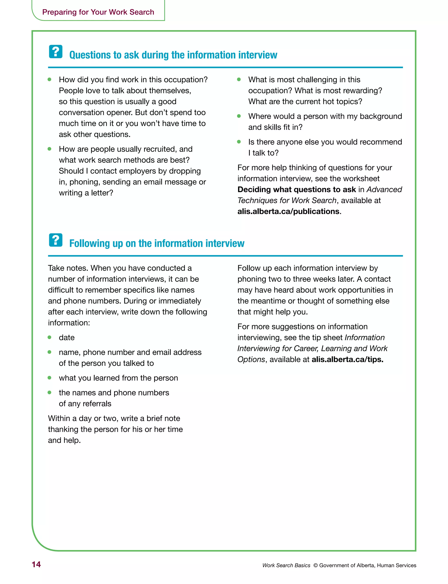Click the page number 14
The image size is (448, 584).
[36, 564]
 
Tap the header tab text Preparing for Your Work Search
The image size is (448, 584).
[98, 12]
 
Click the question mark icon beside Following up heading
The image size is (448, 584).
[56, 240]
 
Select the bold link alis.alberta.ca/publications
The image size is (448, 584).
[289, 211]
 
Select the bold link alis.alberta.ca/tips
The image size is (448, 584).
[347, 360]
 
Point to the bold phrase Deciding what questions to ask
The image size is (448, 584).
[297, 190]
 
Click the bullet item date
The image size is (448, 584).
[67, 338]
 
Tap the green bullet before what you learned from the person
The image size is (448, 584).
[49, 378]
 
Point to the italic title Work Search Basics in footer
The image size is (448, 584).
[286, 565]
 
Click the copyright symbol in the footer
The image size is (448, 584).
[315, 565]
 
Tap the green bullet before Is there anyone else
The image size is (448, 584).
[239, 142]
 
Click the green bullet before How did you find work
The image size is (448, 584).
[49, 79]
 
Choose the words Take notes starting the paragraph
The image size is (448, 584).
[68, 268]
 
